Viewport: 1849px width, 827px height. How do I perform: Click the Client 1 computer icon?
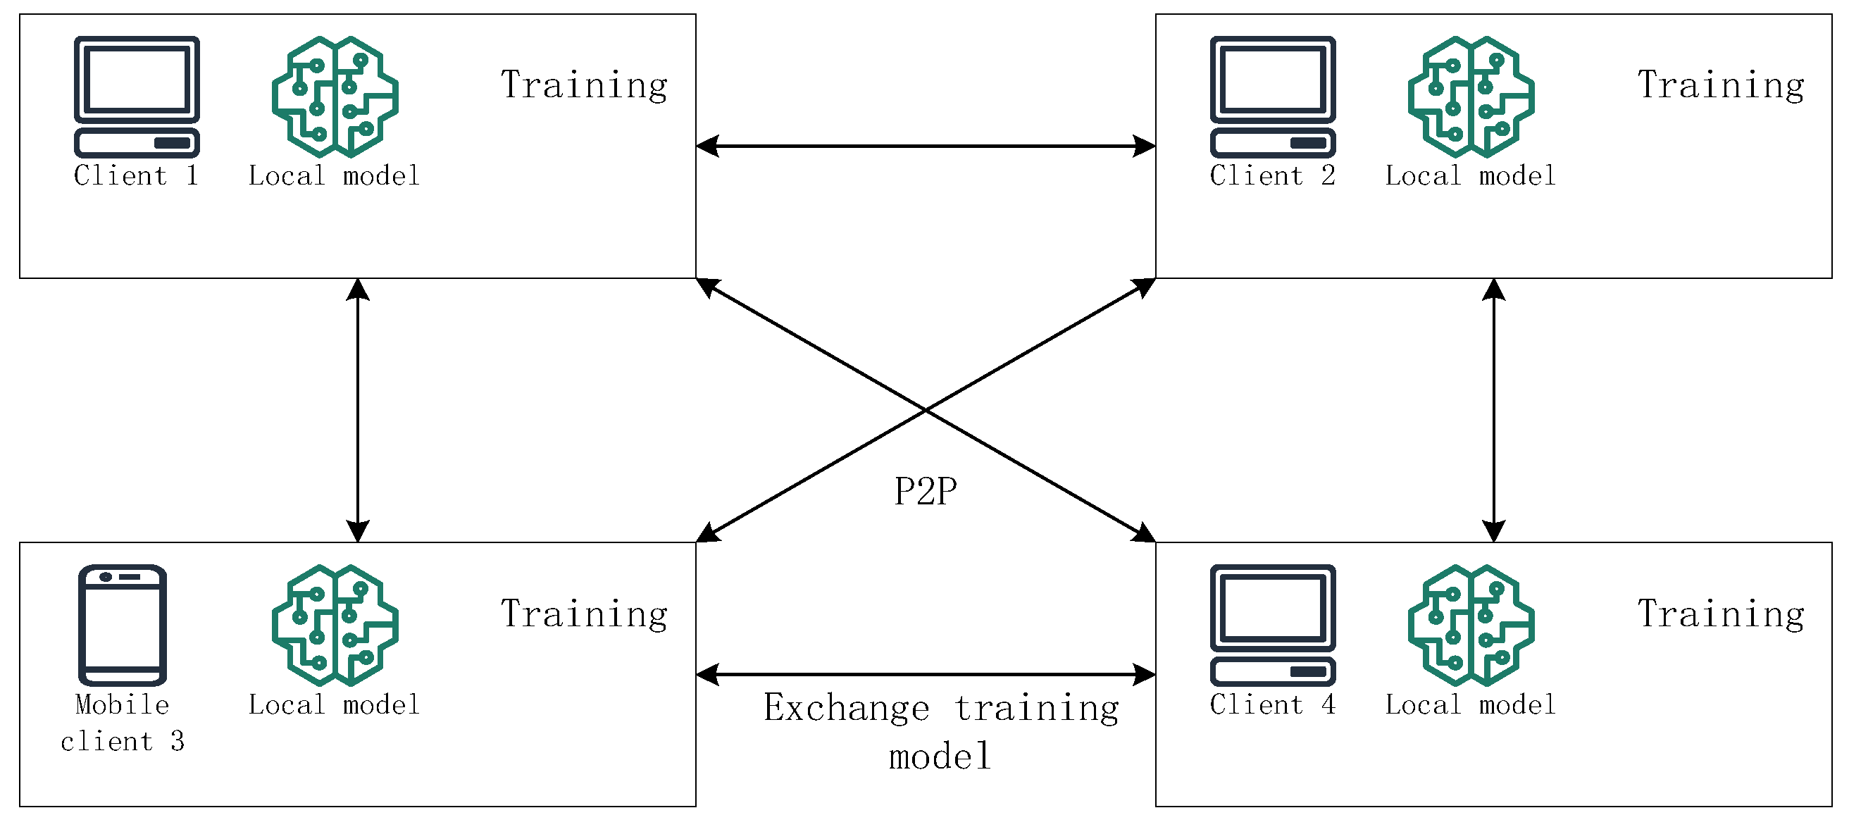click(137, 97)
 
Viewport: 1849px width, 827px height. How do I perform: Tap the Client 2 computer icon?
click(1273, 97)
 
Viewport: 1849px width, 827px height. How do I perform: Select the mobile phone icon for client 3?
click(122, 626)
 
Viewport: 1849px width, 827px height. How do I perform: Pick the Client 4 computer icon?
click(1273, 626)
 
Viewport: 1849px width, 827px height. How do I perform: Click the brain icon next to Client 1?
click(335, 97)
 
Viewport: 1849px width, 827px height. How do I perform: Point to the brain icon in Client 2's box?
click(1471, 97)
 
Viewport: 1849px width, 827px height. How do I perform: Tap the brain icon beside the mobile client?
click(335, 626)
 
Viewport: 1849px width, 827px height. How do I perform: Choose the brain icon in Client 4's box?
click(1471, 626)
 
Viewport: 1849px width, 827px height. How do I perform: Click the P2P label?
click(926, 492)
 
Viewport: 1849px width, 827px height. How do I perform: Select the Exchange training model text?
click(940, 730)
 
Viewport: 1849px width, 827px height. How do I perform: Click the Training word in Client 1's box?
click(584, 85)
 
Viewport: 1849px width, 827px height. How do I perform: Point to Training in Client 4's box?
click(1721, 614)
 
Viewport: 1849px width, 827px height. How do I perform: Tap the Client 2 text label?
click(1273, 176)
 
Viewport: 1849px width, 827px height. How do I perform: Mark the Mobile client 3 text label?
click(122, 722)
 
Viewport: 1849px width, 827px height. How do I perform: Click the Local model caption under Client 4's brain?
click(1471, 705)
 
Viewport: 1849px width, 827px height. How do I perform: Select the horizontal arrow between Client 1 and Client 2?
click(926, 146)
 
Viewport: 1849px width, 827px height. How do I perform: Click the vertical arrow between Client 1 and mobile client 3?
click(357, 410)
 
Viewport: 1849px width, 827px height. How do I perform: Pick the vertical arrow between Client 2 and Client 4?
click(1494, 410)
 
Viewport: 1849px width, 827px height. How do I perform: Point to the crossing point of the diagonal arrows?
click(926, 410)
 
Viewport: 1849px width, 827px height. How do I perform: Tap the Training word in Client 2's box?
click(1721, 85)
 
